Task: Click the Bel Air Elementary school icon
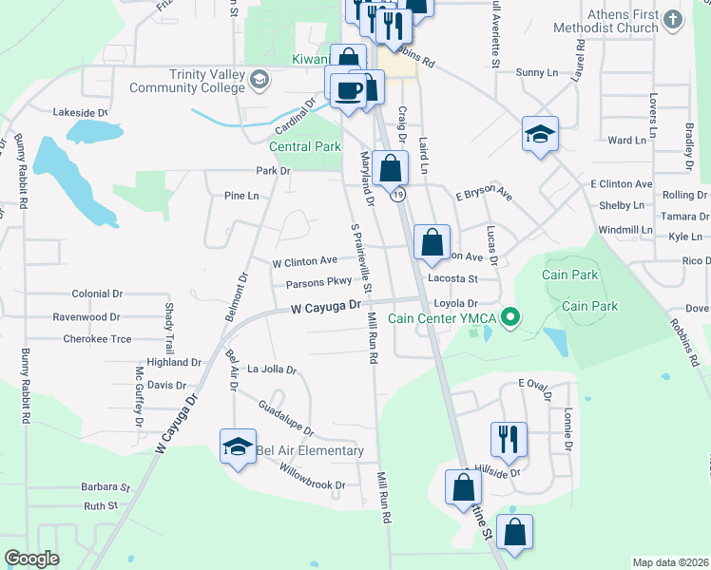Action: [238, 447]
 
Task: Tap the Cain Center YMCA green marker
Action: [510, 317]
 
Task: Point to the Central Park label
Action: [304, 147]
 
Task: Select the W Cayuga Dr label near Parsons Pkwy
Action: [326, 307]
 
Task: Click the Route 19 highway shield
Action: [398, 195]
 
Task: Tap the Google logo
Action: [32, 559]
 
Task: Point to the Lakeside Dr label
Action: [81, 112]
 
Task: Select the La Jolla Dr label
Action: [272, 369]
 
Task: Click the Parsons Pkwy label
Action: [318, 282]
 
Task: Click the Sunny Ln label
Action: [536, 72]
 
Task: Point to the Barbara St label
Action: [105, 486]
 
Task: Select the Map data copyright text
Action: [670, 562]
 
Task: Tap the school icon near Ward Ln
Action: [540, 135]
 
